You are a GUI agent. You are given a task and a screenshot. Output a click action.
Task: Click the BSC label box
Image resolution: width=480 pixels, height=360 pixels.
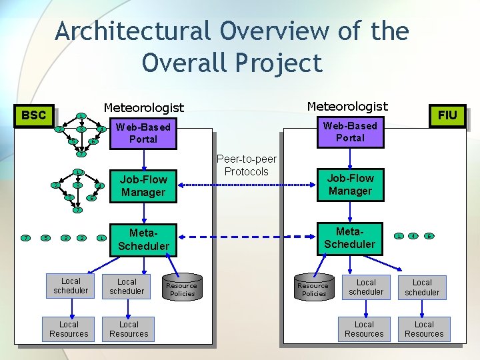click(34, 115)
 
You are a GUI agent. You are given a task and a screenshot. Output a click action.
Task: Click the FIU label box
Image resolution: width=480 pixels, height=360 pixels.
click(447, 115)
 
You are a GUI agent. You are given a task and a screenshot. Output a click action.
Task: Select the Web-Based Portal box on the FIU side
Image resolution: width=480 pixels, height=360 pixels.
click(350, 131)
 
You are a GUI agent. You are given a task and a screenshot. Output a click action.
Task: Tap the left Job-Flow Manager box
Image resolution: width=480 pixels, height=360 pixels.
click(143, 185)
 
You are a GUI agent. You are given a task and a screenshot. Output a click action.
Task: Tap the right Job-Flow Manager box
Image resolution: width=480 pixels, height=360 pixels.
click(350, 185)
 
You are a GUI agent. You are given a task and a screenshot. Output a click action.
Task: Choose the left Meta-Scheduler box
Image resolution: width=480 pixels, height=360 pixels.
click(143, 239)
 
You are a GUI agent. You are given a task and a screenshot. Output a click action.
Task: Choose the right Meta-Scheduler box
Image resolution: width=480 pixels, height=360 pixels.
click(350, 237)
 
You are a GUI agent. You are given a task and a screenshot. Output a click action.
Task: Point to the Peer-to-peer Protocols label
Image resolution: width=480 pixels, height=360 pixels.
click(247, 165)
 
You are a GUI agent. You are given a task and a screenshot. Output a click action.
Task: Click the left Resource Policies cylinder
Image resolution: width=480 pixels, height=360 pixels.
click(182, 287)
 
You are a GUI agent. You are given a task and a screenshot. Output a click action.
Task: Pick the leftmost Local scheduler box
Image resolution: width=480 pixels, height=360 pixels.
click(71, 286)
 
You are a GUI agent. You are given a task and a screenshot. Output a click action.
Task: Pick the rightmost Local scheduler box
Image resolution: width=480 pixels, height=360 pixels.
click(422, 287)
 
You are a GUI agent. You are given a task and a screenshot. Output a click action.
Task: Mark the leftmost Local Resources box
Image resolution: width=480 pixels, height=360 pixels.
click(69, 329)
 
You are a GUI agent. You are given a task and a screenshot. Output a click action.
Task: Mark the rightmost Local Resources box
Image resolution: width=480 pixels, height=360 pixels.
click(424, 329)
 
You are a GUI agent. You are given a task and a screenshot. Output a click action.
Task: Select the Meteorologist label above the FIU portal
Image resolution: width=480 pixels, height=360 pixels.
click(347, 106)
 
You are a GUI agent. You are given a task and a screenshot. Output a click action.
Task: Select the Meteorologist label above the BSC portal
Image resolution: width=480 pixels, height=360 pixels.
click(143, 107)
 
